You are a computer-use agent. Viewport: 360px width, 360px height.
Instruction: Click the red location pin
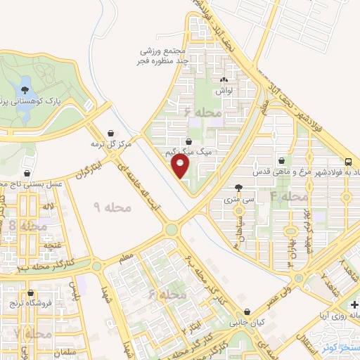point(181,166)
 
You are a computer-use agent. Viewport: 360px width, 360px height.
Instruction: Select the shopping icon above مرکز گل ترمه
point(111,132)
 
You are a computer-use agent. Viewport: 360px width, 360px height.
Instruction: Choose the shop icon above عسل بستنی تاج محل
point(27,172)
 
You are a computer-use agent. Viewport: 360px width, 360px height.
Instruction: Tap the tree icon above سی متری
point(240,188)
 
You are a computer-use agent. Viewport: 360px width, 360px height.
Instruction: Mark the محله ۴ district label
point(289,196)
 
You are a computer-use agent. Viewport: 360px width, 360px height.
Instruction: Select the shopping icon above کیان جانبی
point(246,311)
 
